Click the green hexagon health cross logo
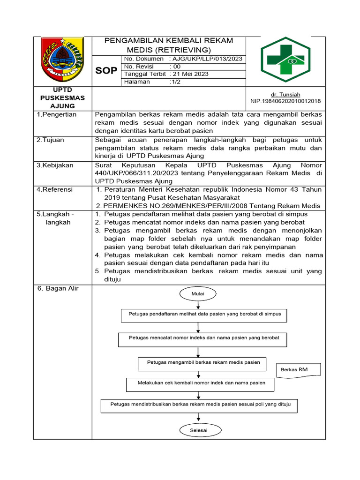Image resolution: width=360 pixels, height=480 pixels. click(x=285, y=60)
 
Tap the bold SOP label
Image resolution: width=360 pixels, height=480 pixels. click(x=106, y=71)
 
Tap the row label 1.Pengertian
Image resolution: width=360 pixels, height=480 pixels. click(x=57, y=114)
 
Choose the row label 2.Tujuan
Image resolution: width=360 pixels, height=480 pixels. click(x=51, y=140)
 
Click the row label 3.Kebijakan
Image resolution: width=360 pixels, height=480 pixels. click(x=55, y=165)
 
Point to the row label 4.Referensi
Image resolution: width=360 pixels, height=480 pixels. click(x=55, y=190)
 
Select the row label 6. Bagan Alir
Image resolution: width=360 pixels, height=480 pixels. click(x=58, y=288)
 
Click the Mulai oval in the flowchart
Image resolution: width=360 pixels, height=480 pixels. click(x=198, y=293)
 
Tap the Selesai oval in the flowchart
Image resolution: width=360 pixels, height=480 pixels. click(x=198, y=430)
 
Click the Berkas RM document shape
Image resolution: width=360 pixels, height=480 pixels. click(x=299, y=370)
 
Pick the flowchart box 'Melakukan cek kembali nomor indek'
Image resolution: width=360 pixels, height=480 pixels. click(x=201, y=383)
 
